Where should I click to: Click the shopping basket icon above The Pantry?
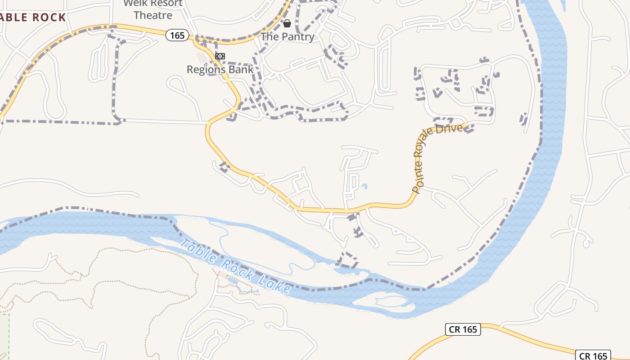(287, 23)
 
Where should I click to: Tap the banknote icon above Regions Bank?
(220, 56)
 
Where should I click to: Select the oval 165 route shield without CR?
(177, 35)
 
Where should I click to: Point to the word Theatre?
(153, 15)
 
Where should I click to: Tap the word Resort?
(166, 3)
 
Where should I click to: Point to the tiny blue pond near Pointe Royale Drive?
(364, 185)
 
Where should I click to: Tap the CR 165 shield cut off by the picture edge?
(593, 355)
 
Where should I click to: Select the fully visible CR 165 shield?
(463, 329)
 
